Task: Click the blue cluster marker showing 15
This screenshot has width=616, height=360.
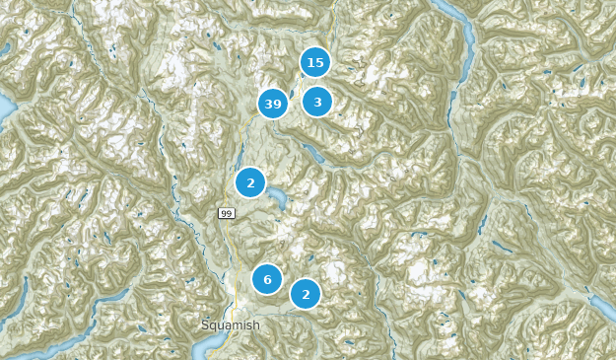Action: coord(314,63)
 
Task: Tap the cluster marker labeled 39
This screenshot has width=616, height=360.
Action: coord(273,104)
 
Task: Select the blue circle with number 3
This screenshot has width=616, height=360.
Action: coord(317,102)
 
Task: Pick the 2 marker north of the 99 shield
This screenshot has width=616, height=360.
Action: coord(250,182)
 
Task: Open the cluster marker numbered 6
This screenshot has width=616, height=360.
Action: coord(267,279)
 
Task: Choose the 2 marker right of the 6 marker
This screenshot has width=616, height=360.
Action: coord(306,294)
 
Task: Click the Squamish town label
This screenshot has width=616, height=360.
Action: coord(230,324)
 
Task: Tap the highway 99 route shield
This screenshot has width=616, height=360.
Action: coord(226,213)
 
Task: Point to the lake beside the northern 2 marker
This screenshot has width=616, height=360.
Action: coord(279,199)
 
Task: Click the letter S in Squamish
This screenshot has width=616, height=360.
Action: coord(205,324)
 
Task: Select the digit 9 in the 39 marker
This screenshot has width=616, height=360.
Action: coord(278,104)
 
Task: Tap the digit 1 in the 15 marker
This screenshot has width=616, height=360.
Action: coord(309,63)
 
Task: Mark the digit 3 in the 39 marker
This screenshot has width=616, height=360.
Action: coord(268,104)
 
